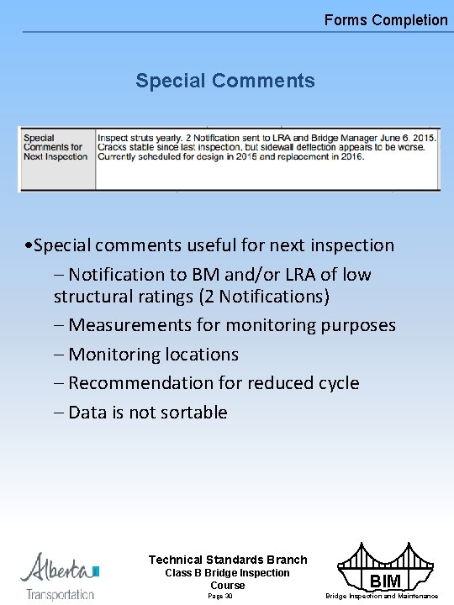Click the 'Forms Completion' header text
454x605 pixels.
(386, 19)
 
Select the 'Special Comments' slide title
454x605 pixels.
(224, 81)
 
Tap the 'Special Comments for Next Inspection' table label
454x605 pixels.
(55, 147)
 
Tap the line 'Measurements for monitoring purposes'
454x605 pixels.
(231, 325)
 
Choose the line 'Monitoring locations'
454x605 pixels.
(153, 355)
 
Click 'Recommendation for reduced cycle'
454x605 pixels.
(213, 383)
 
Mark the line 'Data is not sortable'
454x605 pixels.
(147, 413)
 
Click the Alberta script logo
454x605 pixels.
(57, 568)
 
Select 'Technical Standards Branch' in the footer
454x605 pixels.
(228, 560)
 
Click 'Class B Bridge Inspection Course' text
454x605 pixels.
(228, 579)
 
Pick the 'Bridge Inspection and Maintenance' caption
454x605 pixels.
(382, 596)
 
